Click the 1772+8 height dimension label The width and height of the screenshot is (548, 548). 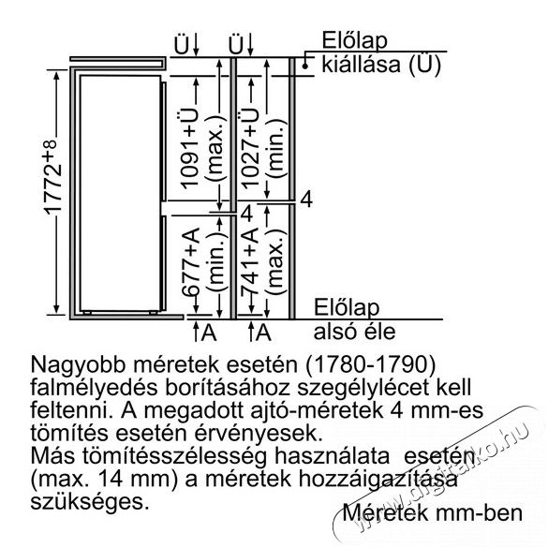53,178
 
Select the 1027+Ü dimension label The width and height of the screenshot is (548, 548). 251,149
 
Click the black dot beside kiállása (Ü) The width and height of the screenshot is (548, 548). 305,66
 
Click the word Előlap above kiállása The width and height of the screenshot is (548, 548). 354,40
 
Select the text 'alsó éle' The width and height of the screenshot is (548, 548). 354,332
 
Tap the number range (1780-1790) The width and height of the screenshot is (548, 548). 371,365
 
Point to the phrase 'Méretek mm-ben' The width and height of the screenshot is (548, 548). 433,512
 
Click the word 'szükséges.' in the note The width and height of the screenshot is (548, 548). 87,502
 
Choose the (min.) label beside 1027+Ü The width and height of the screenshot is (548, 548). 275,149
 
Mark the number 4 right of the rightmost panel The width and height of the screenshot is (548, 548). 306,200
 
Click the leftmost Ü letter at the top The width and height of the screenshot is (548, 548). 182,45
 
